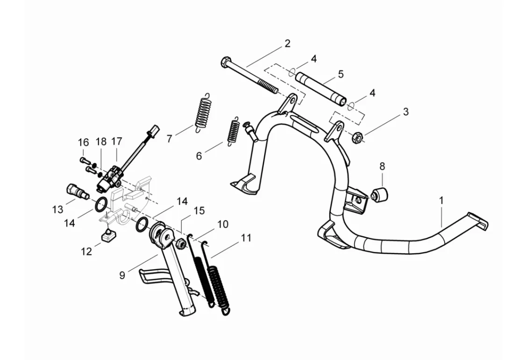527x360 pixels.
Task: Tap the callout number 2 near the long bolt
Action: point(287,44)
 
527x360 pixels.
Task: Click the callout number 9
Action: point(122,275)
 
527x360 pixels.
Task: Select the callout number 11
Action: point(246,238)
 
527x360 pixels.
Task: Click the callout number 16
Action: point(83,142)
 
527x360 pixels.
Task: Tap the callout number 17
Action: point(116,141)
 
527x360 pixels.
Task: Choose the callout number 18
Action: point(101,141)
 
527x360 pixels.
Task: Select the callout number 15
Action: point(199,211)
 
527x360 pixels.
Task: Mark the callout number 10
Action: point(223,224)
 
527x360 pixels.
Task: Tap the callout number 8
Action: point(382,166)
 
